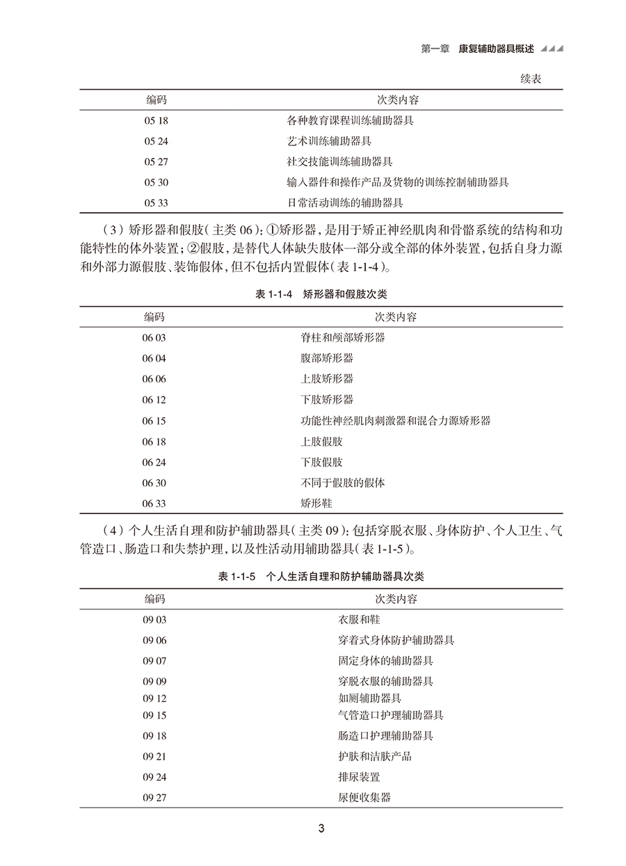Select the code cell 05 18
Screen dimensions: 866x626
point(156,120)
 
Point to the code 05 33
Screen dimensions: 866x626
point(156,203)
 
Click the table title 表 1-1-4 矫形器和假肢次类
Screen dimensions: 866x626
point(321,295)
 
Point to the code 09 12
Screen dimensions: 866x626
point(155,698)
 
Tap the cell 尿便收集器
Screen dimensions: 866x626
point(364,797)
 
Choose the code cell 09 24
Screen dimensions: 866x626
point(155,777)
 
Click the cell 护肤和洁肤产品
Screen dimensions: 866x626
point(375,756)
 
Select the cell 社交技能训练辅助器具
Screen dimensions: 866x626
point(339,162)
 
